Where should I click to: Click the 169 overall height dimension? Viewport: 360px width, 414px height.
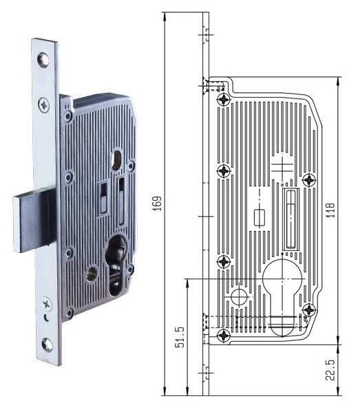pyautogui.click(x=158, y=204)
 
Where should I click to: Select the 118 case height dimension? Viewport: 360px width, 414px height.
pyautogui.click(x=330, y=210)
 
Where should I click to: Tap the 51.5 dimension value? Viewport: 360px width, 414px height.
pyautogui.click(x=180, y=337)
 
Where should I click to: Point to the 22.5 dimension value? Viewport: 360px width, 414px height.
pyautogui.click(x=330, y=370)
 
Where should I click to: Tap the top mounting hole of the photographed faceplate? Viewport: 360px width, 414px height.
pyautogui.click(x=43, y=61)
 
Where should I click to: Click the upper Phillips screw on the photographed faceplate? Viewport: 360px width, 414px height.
pyautogui.click(x=44, y=105)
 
